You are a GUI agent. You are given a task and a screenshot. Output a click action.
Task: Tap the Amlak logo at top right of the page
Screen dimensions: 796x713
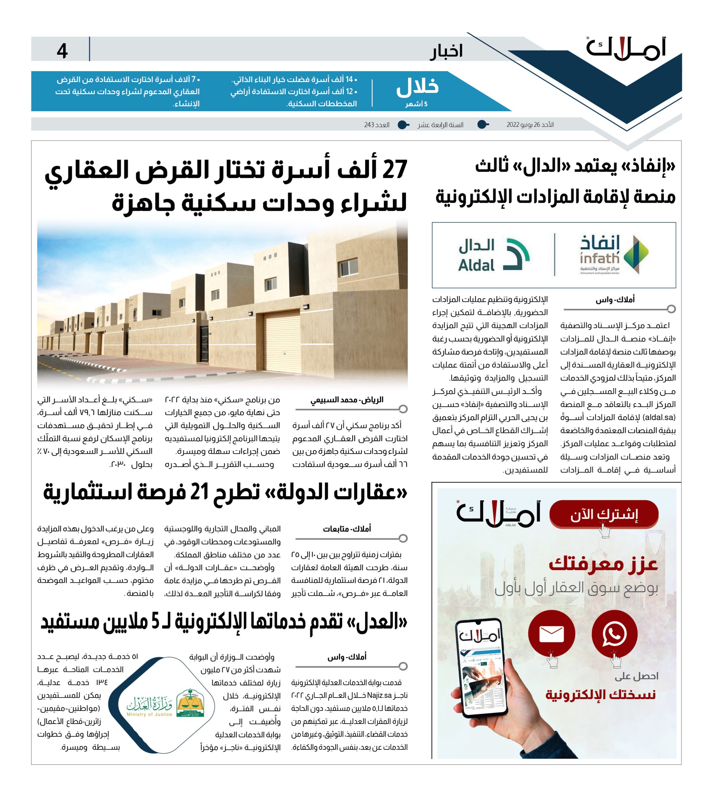coord(626,49)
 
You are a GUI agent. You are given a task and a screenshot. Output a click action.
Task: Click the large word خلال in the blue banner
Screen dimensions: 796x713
coord(417,87)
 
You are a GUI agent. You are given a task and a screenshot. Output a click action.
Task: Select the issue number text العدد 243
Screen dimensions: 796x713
coord(376,125)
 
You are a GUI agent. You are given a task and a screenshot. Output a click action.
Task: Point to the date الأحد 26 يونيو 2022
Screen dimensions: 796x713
coord(530,125)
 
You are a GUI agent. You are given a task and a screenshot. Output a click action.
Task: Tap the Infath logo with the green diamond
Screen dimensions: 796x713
coord(614,254)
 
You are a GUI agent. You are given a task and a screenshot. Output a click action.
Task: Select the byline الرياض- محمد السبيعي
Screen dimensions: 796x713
coord(347,400)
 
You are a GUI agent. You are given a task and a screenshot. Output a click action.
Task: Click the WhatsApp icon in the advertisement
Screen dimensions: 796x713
coord(614,633)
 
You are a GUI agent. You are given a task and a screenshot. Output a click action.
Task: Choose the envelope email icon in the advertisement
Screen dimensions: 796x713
coord(551,633)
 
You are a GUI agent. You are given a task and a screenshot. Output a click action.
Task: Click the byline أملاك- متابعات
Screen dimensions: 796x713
coord(347,529)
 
